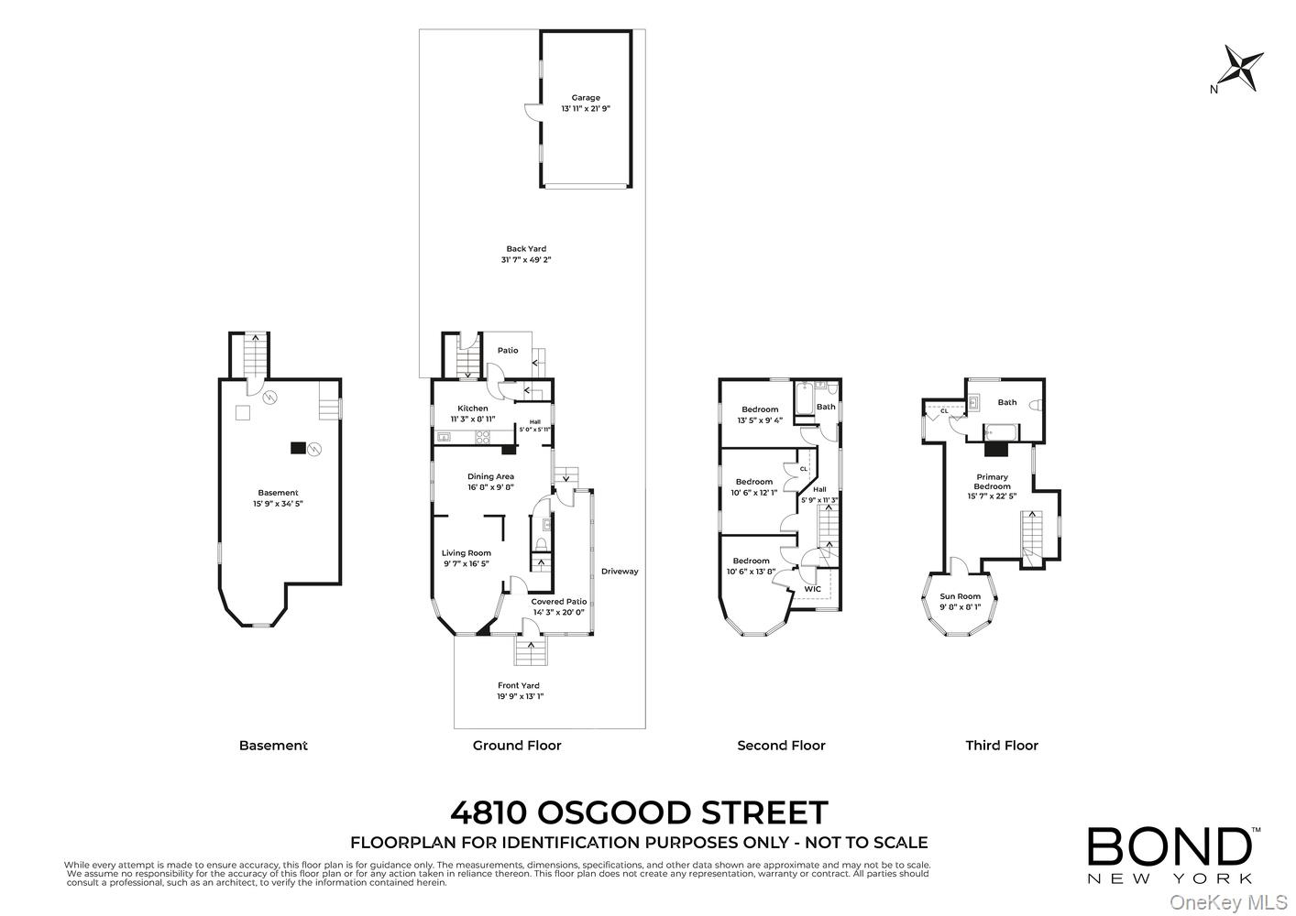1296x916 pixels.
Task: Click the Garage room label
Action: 586,97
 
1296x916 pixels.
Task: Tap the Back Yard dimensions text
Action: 525,260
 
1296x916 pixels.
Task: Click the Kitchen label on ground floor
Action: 473,409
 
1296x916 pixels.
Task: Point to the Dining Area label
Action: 490,476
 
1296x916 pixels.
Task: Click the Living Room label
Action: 466,553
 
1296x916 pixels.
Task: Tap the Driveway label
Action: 619,572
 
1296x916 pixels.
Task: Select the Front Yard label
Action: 518,685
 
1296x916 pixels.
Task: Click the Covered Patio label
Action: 558,602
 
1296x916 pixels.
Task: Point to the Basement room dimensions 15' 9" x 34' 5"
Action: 278,504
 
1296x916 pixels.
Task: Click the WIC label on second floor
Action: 812,589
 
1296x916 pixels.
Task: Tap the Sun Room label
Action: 960,596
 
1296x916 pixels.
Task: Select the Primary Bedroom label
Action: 992,482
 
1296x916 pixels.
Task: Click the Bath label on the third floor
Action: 1006,402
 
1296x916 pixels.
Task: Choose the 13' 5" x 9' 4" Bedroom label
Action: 759,409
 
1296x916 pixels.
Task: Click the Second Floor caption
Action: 781,746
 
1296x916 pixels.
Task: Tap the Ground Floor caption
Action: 517,746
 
